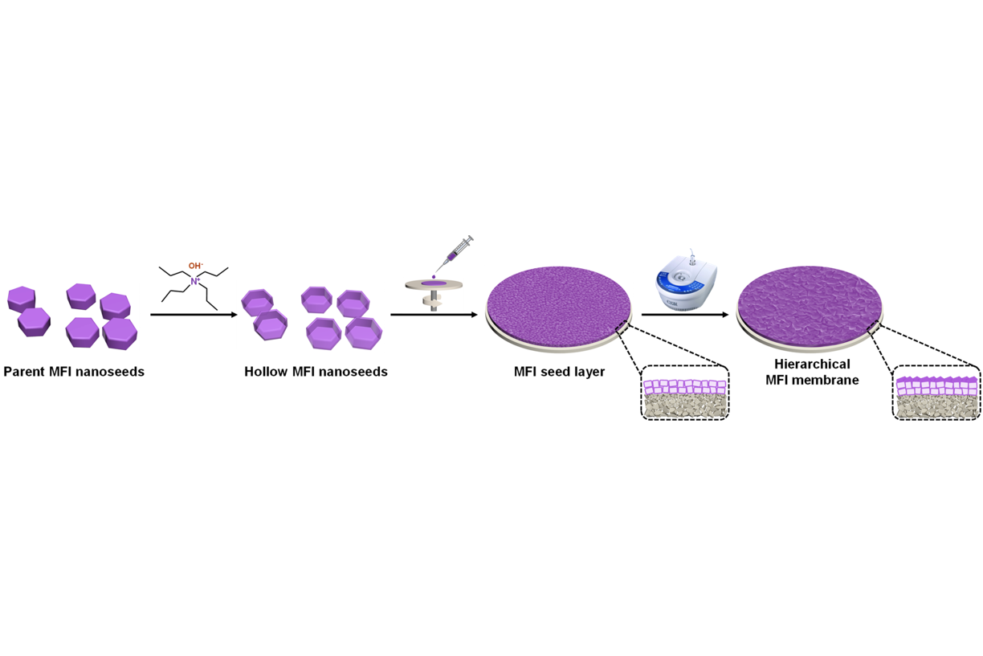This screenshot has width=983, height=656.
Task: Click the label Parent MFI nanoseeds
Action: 74,372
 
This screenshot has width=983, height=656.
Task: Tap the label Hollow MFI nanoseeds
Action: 316,372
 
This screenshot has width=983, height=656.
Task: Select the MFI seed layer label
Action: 559,372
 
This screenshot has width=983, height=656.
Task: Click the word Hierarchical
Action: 812,365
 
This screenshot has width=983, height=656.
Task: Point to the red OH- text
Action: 195,265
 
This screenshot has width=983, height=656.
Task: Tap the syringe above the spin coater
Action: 454,252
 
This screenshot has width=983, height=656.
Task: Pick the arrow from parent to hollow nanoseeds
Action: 194,314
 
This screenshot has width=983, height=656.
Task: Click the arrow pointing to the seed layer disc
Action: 434,314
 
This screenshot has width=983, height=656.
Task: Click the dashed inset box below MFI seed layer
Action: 684,392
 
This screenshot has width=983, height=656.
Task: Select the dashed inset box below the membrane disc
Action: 936,392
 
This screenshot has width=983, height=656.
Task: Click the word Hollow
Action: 266,372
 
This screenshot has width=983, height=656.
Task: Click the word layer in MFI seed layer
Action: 587,373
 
